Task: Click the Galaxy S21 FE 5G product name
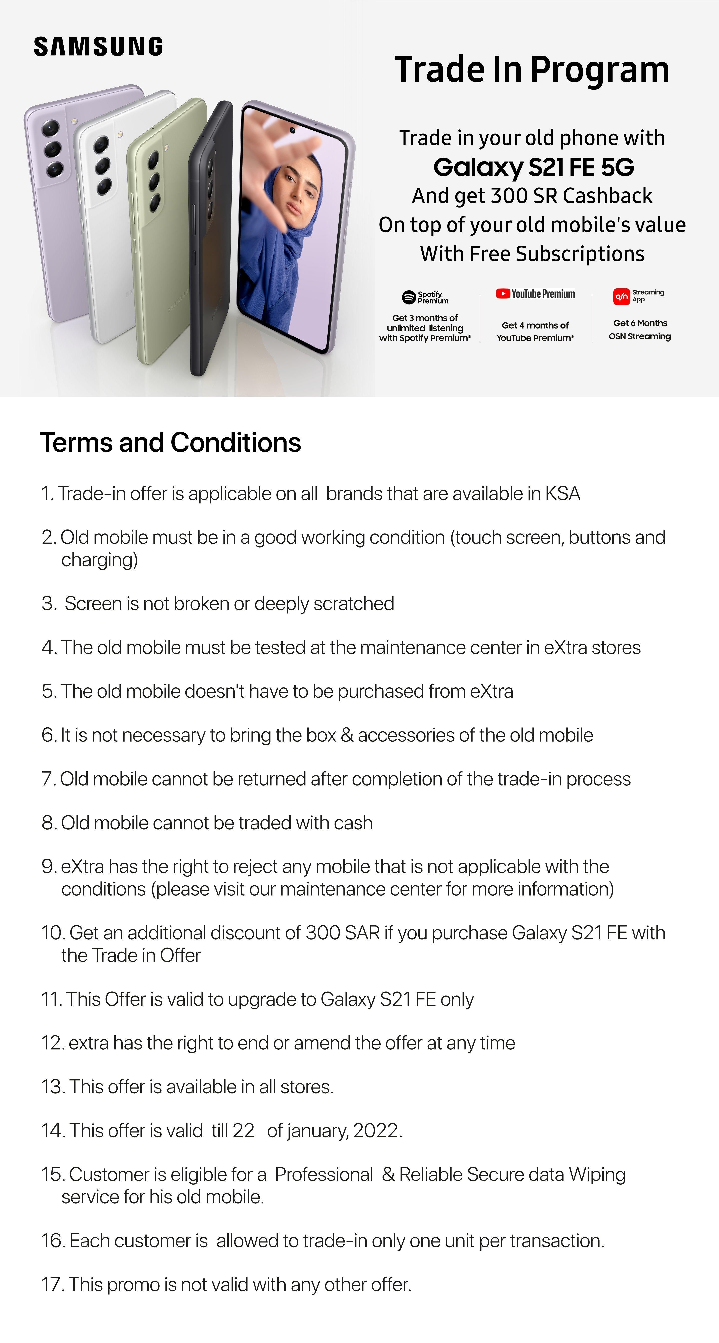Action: click(x=534, y=167)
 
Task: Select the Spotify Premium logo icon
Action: click(x=409, y=297)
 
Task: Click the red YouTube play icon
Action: click(x=502, y=294)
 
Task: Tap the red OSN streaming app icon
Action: click(x=621, y=296)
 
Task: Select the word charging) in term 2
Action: click(x=100, y=560)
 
